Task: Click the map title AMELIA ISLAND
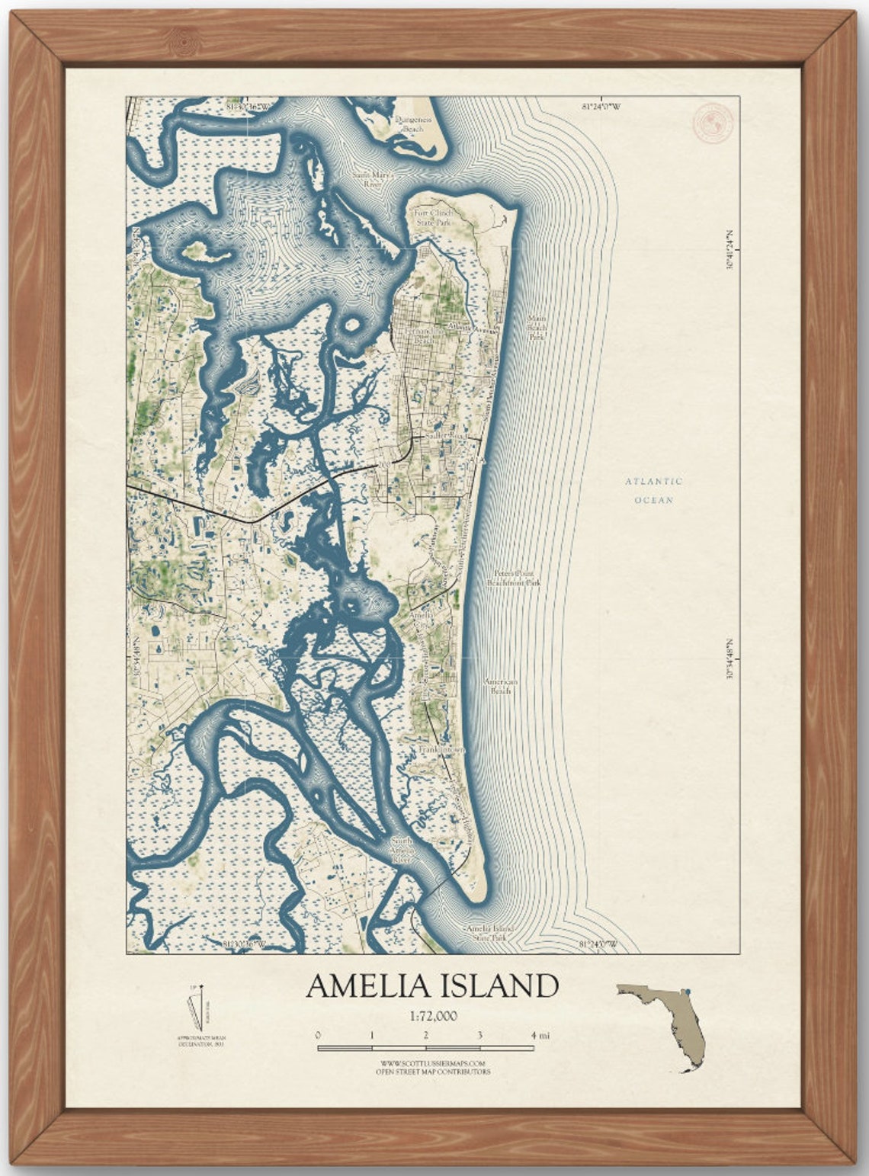[432, 986]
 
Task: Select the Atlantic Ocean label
[654, 491]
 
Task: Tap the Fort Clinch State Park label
[433, 218]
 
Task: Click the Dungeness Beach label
[413, 124]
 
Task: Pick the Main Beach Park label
[537, 327]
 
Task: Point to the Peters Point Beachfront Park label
[514, 578]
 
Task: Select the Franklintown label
[441, 750]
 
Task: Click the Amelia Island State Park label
[489, 933]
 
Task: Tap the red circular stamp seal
[713, 123]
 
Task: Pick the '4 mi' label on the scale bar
[540, 1035]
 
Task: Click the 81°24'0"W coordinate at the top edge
[601, 107]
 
